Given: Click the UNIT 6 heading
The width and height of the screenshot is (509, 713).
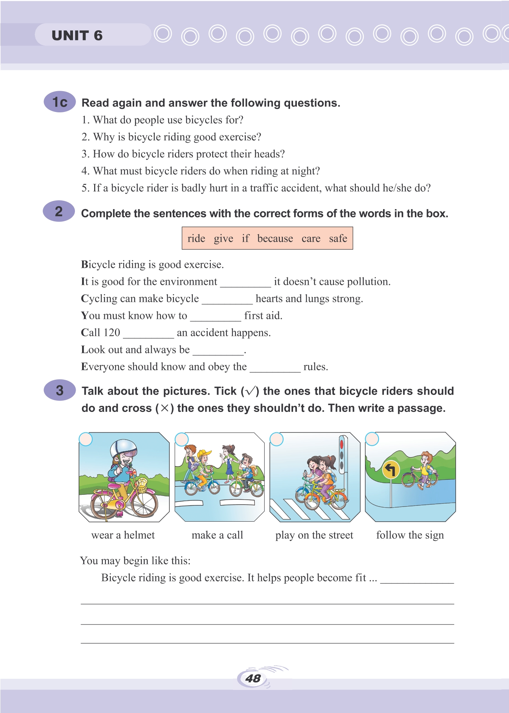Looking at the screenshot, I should [x=77, y=36].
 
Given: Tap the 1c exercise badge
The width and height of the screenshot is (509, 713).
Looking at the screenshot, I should [x=60, y=102].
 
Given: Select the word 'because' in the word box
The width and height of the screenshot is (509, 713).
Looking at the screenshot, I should [x=275, y=238].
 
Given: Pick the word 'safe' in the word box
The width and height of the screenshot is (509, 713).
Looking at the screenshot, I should [x=338, y=238].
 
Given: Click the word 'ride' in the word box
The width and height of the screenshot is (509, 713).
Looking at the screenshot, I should [x=196, y=238].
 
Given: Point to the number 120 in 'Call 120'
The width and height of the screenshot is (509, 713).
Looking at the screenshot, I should [x=112, y=332].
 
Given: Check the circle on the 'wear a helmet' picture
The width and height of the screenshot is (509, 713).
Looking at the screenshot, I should [x=86, y=439].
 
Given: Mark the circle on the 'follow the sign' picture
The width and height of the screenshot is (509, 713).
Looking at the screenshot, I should [x=372, y=439].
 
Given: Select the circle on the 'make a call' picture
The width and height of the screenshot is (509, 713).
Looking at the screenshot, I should [x=182, y=439].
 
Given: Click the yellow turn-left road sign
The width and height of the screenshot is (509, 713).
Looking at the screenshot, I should [x=391, y=470].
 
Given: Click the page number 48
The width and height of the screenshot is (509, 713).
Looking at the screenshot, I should [x=253, y=678].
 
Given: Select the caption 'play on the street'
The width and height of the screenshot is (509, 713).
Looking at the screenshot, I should [x=314, y=535].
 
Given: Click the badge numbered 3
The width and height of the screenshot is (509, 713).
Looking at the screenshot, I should [x=60, y=390].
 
